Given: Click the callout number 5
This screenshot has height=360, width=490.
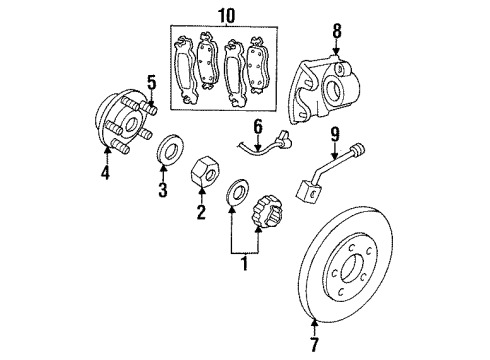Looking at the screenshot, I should click(151, 81).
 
